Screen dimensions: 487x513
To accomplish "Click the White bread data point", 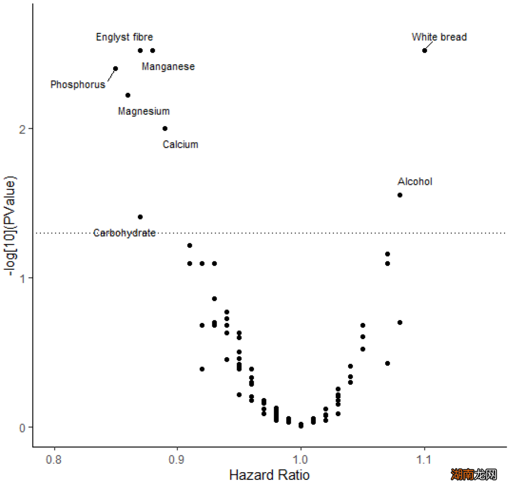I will [x=425, y=51].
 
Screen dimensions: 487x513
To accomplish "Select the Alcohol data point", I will [x=400, y=195].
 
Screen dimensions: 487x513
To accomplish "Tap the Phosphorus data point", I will [x=115, y=69].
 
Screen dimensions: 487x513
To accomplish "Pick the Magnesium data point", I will [x=128, y=95].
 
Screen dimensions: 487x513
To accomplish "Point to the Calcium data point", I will [x=165, y=129].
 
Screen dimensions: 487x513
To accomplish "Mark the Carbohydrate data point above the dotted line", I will [x=140, y=217].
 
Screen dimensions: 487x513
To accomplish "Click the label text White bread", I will [x=439, y=37].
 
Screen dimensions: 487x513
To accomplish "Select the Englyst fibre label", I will [x=124, y=37].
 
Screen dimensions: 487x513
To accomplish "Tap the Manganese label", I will [x=168, y=67].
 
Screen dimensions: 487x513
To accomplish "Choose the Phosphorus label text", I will [x=78, y=85].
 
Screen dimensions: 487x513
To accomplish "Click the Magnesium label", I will [x=143, y=112].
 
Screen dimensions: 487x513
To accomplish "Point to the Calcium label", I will [x=180, y=144].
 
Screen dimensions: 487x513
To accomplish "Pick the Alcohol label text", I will [x=415, y=181].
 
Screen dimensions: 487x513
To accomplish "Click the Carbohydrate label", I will [x=124, y=233].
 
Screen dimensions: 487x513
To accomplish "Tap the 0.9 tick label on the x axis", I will [x=177, y=460].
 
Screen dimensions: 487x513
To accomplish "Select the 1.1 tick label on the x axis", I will [x=424, y=460].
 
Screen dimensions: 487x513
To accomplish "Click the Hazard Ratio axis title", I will [x=269, y=475].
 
